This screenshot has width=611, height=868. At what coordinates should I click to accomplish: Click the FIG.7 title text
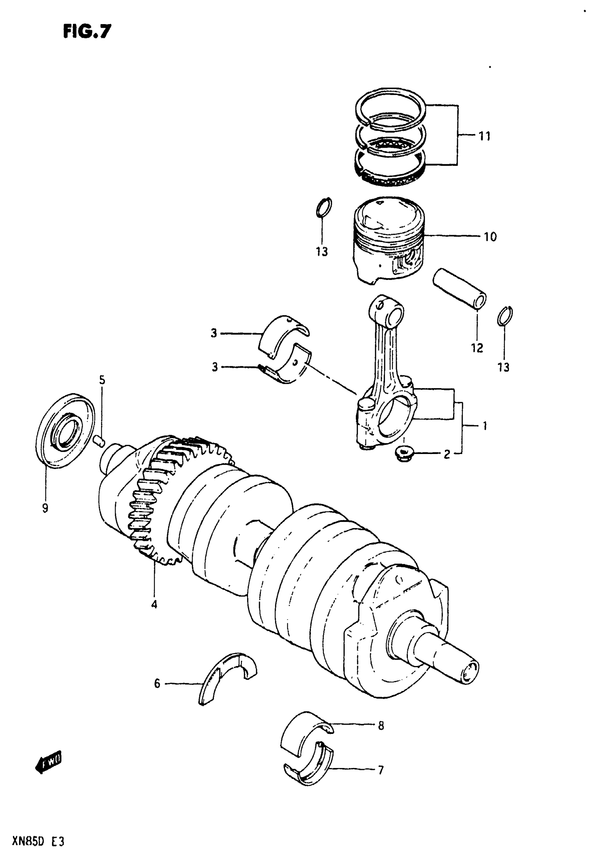87,32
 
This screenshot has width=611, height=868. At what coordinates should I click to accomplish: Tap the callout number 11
484,136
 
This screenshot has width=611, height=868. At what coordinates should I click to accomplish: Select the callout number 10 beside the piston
490,237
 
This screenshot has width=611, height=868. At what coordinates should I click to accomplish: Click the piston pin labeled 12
459,289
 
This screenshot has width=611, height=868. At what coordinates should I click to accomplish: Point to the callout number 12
477,348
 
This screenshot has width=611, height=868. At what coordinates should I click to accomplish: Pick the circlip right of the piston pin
505,316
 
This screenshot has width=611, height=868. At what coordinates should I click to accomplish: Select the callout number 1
484,426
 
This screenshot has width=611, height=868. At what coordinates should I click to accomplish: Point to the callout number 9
45,509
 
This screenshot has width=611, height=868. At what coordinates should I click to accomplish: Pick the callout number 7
381,770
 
